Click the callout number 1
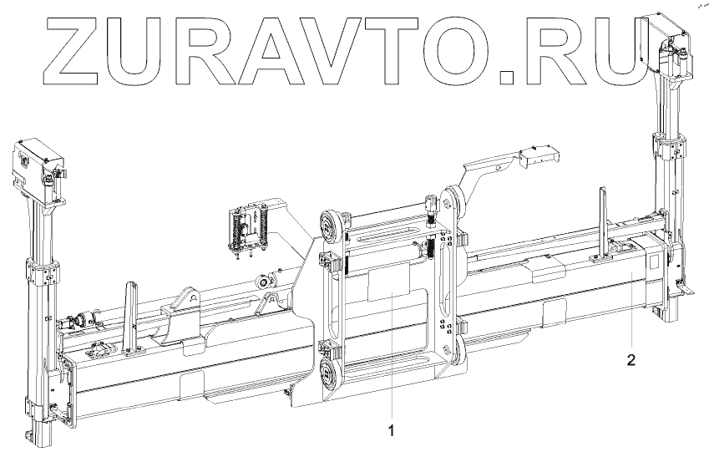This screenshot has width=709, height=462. coord(392,430)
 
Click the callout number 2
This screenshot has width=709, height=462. coord(631,360)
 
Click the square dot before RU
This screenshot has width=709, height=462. coord(508,78)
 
